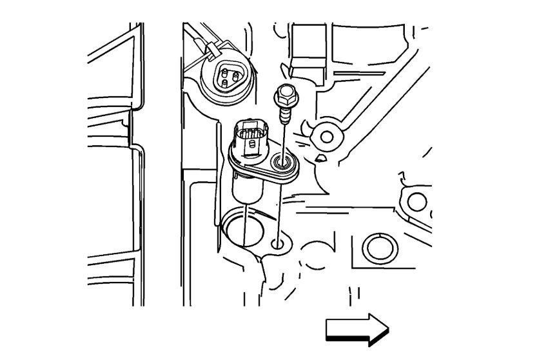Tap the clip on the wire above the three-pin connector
(210, 49)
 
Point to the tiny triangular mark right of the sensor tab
(321, 157)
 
